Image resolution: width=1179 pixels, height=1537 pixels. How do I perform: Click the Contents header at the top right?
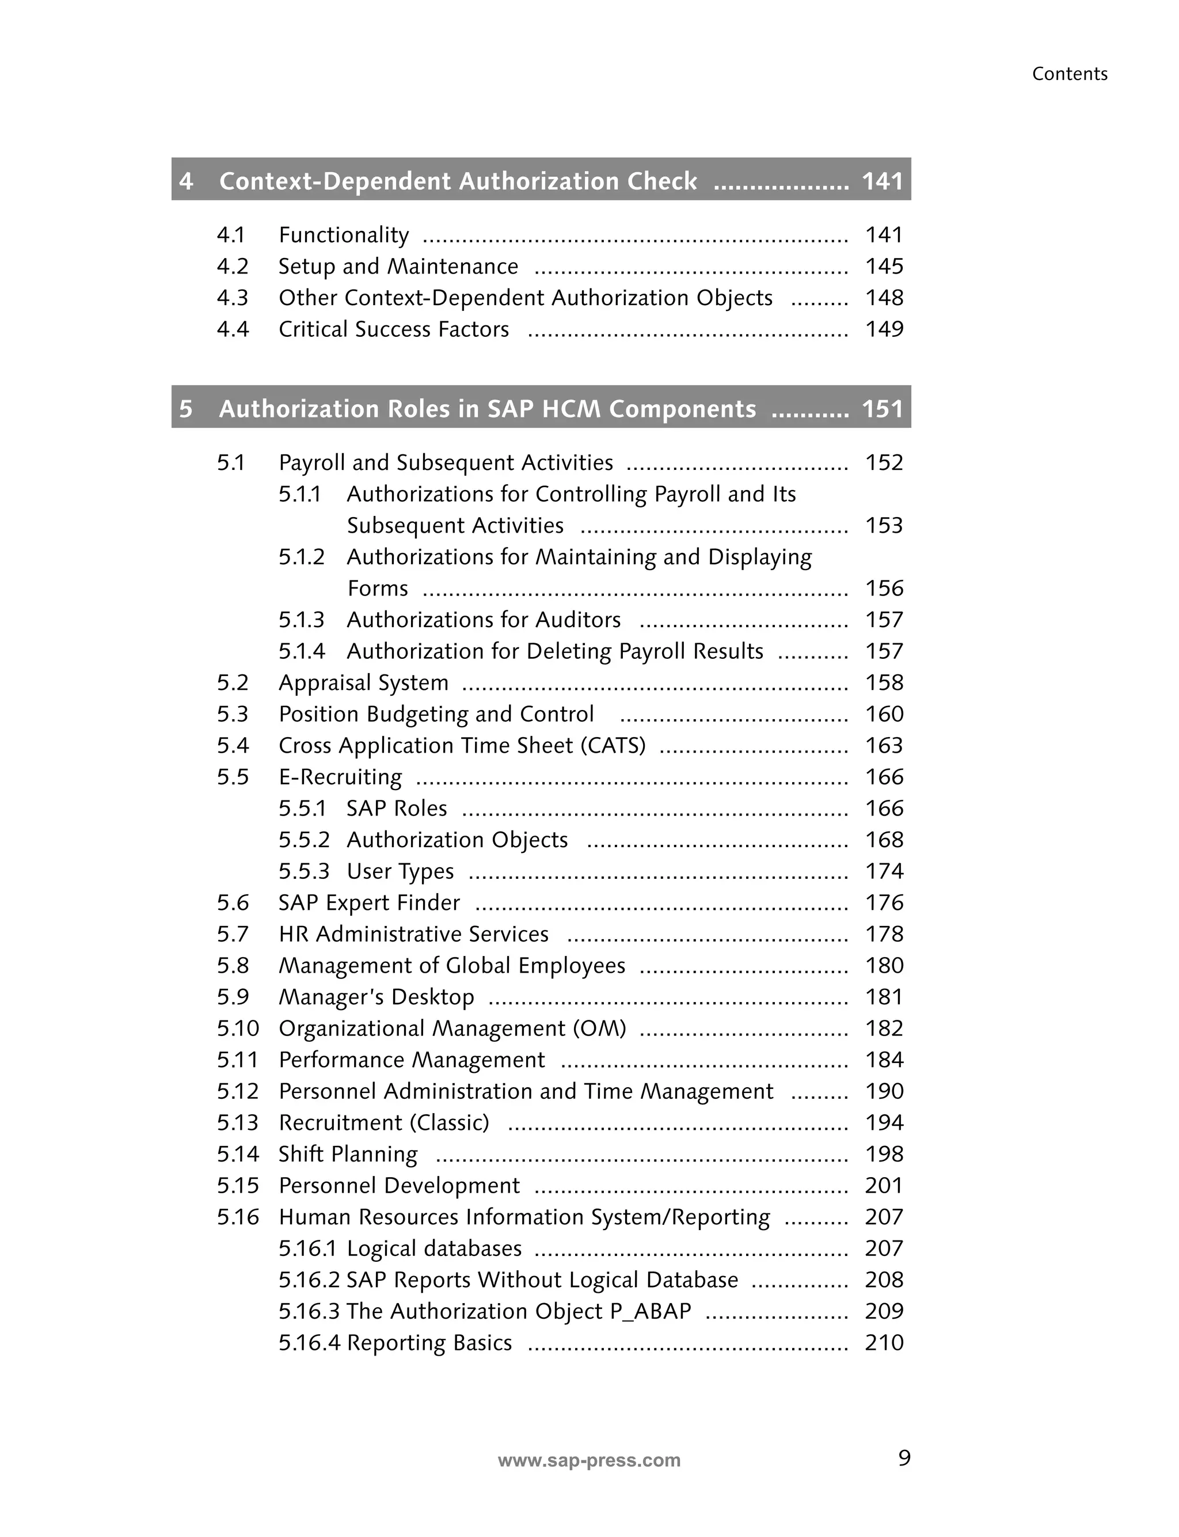[x=1069, y=74]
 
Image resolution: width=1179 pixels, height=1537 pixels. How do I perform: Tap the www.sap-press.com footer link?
[x=589, y=1460]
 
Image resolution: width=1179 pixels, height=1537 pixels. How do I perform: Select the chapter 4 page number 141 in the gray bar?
[x=882, y=181]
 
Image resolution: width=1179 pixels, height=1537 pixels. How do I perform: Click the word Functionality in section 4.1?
[x=343, y=235]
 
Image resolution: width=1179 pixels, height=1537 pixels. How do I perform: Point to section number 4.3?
[x=233, y=298]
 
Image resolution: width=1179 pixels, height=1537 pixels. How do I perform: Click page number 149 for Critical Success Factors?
[x=884, y=329]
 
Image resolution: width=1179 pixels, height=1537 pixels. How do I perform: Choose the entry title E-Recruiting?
[x=340, y=777]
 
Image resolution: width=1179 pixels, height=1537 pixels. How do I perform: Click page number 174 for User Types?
[x=884, y=871]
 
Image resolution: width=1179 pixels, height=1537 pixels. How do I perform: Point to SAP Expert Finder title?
[x=369, y=902]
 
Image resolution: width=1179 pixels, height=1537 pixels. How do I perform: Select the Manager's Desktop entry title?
[x=376, y=997]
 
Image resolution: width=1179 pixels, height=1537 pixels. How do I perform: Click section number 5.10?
[x=237, y=1028]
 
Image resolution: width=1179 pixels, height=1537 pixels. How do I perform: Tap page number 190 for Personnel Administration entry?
[x=884, y=1091]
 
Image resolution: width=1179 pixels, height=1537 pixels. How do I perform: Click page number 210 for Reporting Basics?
[x=884, y=1342]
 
